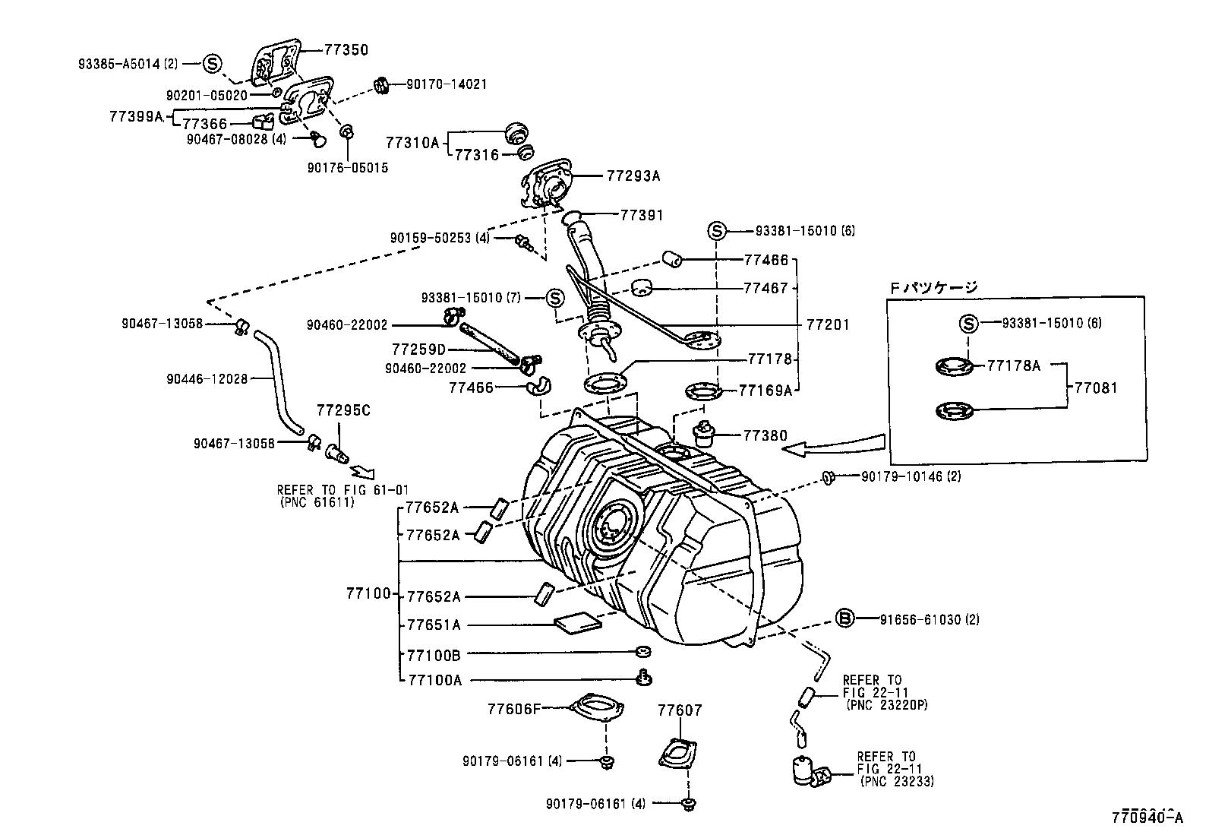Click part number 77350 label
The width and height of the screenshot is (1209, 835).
346,50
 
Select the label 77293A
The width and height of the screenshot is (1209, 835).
633,176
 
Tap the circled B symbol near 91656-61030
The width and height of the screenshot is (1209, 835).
845,618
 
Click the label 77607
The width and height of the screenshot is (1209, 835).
680,711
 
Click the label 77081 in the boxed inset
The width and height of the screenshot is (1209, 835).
1096,387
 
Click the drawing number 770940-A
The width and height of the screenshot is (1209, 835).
1147,819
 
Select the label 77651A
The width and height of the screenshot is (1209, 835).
434,625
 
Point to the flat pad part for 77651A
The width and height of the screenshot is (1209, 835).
578,624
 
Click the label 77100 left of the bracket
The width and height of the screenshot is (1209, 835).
368,593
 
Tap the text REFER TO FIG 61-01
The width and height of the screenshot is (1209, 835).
342,490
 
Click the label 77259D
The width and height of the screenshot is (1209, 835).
418,349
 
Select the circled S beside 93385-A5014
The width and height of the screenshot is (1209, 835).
212,64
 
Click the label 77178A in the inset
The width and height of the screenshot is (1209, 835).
1013,365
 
